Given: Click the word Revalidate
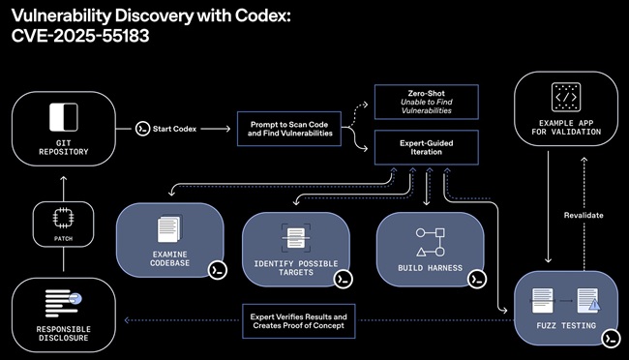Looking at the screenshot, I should tap(584, 215).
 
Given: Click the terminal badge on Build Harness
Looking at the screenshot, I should tap(475, 279).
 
